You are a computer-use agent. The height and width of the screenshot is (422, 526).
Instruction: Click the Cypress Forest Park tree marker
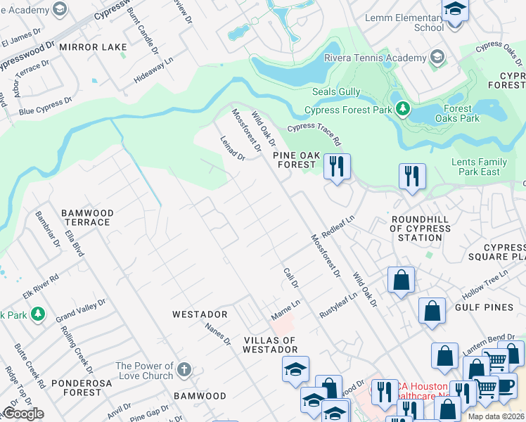tap(402, 109)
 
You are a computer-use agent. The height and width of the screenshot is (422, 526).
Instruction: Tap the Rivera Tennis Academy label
tap(376, 57)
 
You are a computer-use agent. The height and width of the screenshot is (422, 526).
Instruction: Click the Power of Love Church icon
tap(184, 370)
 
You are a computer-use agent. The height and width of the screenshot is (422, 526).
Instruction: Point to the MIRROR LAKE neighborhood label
tap(93, 47)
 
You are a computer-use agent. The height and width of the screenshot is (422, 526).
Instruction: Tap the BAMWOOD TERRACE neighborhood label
tap(86, 217)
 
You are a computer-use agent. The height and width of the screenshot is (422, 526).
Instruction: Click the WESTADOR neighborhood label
tap(200, 314)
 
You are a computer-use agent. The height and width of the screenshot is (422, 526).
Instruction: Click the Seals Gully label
tap(336, 91)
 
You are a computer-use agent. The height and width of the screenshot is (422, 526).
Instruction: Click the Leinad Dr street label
tap(232, 148)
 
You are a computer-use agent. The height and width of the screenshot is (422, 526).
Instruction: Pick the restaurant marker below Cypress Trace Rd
tap(337, 167)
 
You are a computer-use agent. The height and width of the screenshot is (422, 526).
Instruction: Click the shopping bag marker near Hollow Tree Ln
tap(400, 280)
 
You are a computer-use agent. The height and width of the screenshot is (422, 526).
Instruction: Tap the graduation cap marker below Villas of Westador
tap(295, 369)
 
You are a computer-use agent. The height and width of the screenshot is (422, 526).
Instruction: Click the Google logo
tap(23, 414)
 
